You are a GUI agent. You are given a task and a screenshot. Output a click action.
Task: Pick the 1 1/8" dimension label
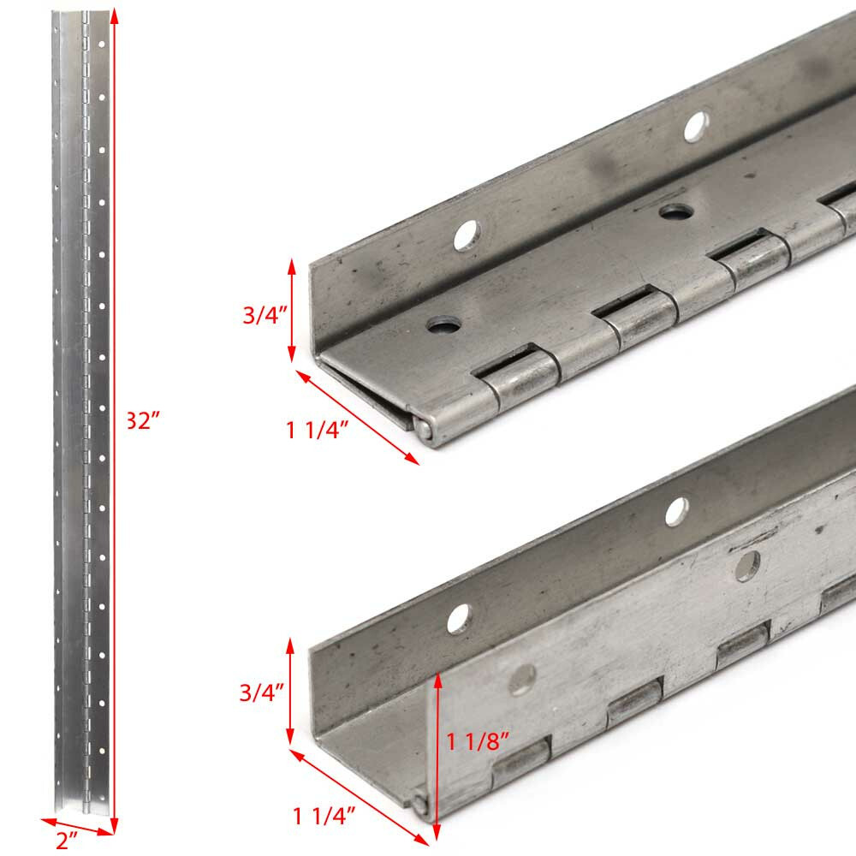(x=479, y=741)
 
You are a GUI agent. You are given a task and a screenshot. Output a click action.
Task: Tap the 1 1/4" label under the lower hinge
(x=324, y=817)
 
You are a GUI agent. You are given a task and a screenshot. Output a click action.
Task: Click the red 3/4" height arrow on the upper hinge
(x=292, y=310)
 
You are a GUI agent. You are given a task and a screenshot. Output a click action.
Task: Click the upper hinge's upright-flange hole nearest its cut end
(x=467, y=235)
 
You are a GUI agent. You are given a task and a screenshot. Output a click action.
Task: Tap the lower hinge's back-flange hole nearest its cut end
(x=459, y=618)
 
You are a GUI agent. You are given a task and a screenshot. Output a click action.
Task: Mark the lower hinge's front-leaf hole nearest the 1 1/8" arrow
(x=520, y=682)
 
